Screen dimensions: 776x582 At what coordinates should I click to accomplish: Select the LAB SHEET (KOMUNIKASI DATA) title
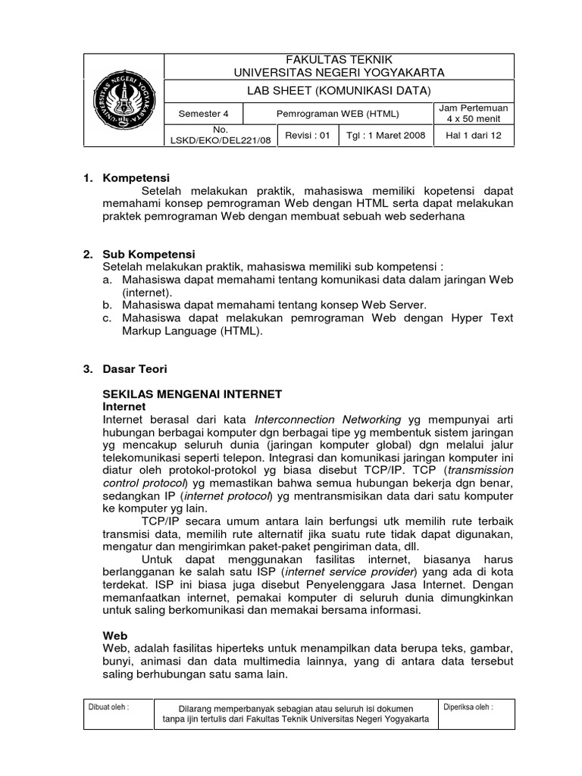click(339, 91)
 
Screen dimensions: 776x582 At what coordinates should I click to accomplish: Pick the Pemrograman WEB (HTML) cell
click(336, 114)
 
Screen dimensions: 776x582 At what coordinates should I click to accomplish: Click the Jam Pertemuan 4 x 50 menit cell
click(474, 114)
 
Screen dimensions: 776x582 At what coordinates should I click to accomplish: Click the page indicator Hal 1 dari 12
click(474, 136)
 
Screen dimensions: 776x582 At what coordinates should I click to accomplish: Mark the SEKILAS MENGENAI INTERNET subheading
click(192, 394)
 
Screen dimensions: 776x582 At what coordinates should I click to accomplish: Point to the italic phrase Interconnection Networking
click(328, 419)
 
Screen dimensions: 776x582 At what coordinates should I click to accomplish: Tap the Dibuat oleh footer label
click(108, 706)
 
